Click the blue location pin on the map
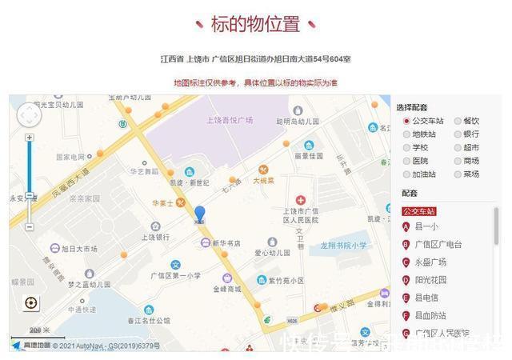[x=199, y=214]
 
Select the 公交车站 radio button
[x=407, y=122]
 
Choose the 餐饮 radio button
[x=458, y=122]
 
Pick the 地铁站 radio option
[x=407, y=134]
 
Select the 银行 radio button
[x=458, y=134]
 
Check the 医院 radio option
[x=407, y=161]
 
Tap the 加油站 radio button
[x=407, y=174]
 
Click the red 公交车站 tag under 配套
[x=418, y=211]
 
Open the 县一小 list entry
[x=425, y=226]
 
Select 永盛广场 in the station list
[x=430, y=262]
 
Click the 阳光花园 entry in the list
[x=430, y=280]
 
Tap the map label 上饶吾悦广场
[x=229, y=120]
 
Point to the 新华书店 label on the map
[x=225, y=243]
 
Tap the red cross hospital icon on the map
[x=301, y=199]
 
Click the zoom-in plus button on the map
[x=30, y=138]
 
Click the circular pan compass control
[x=28, y=115]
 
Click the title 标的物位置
[x=255, y=23]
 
